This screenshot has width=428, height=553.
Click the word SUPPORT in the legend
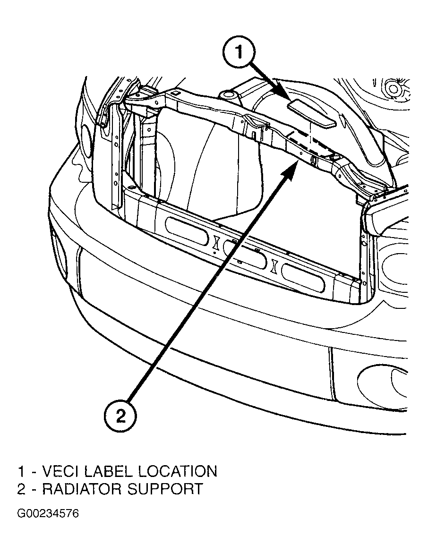(x=167, y=489)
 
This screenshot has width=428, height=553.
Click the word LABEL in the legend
(x=112, y=471)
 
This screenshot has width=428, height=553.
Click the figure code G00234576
(x=48, y=513)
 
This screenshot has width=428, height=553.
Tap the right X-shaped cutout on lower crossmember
(x=274, y=265)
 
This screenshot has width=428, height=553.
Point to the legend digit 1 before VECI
(x=21, y=471)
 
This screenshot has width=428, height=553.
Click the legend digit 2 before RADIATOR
(x=21, y=489)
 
